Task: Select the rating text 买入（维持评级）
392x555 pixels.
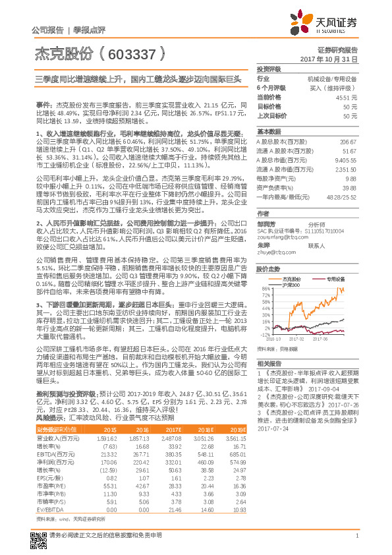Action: click(333, 87)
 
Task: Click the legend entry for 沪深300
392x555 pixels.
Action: click(291, 285)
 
